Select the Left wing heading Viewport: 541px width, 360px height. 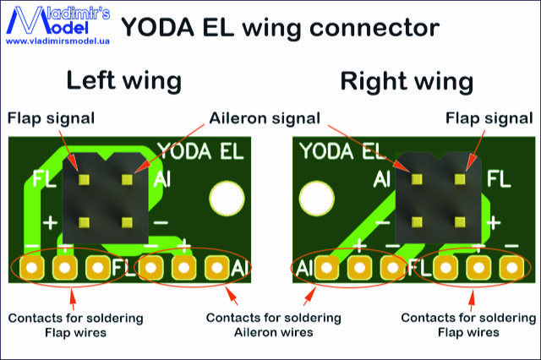click(x=124, y=81)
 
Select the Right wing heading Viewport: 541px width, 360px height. click(x=406, y=81)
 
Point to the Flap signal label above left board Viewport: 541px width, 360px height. click(x=51, y=117)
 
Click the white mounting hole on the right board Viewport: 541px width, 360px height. click(x=316, y=199)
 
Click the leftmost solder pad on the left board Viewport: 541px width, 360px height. click(x=31, y=269)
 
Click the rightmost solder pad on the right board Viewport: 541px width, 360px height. click(x=511, y=269)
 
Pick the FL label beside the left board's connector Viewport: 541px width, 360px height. click(x=44, y=179)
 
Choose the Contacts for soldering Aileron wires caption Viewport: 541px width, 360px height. click(x=273, y=325)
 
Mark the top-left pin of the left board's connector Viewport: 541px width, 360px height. click(x=84, y=179)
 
